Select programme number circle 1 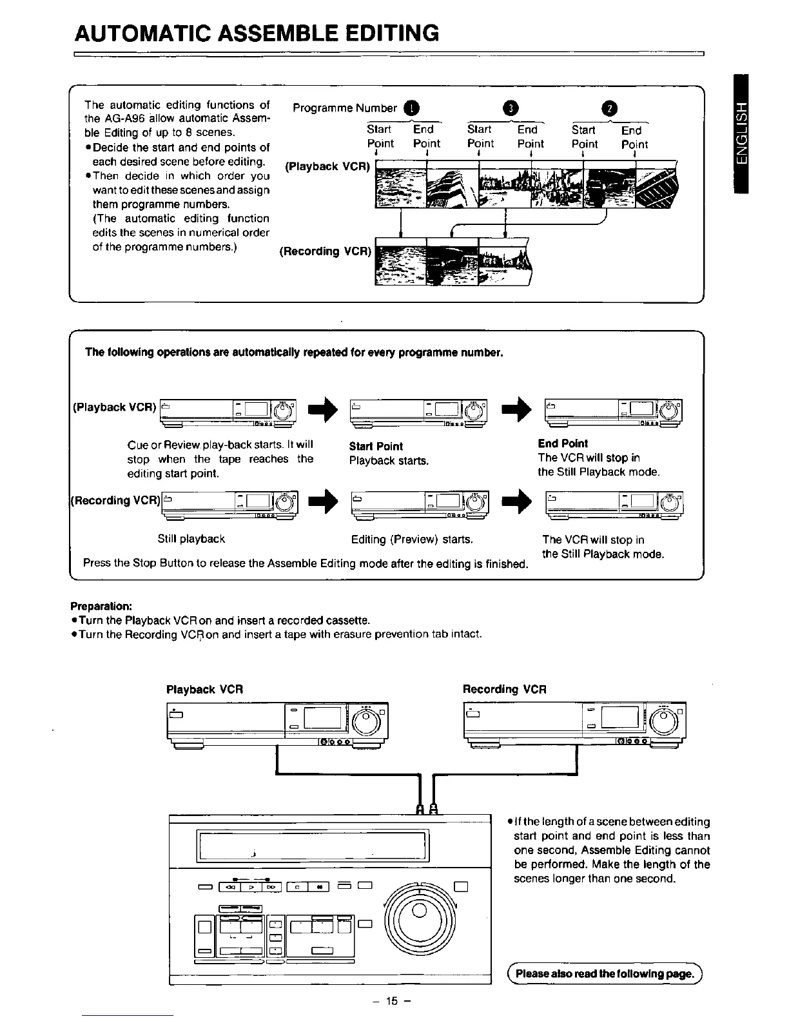point(412,108)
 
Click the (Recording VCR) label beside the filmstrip point(326,251)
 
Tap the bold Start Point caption point(376,446)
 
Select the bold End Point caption point(563,443)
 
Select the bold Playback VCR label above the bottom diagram point(204,689)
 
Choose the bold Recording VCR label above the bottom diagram point(505,689)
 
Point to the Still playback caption point(191,539)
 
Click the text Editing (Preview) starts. point(413,539)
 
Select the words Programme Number point(345,108)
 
